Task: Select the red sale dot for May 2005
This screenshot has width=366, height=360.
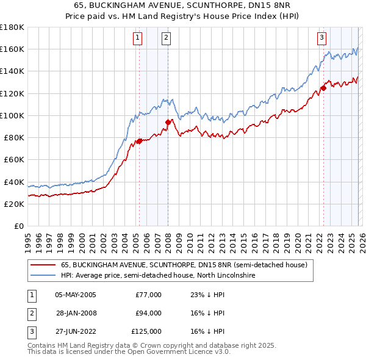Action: [139, 141]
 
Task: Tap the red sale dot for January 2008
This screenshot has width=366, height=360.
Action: [168, 122]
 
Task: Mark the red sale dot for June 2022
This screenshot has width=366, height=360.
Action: [323, 88]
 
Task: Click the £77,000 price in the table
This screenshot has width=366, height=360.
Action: [148, 295]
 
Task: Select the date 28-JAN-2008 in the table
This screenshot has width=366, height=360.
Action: [76, 313]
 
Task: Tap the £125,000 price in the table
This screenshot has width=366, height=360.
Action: [146, 331]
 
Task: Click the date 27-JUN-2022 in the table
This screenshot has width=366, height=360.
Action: [76, 331]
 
